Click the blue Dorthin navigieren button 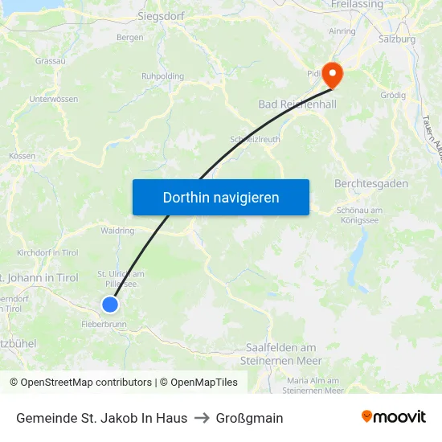click(x=221, y=197)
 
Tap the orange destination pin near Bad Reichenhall click(x=331, y=74)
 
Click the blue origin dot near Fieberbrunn click(x=110, y=305)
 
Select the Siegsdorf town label click(x=161, y=15)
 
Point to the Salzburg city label click(x=397, y=39)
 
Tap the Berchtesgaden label click(x=370, y=184)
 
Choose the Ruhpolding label click(x=162, y=76)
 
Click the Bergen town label click(x=129, y=38)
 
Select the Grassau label click(x=51, y=61)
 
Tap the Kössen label click(x=22, y=156)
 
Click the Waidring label click(x=117, y=231)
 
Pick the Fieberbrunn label click(x=104, y=325)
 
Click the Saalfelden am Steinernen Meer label click(x=282, y=354)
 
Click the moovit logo click(x=393, y=417)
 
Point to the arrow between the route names click(x=202, y=418)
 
